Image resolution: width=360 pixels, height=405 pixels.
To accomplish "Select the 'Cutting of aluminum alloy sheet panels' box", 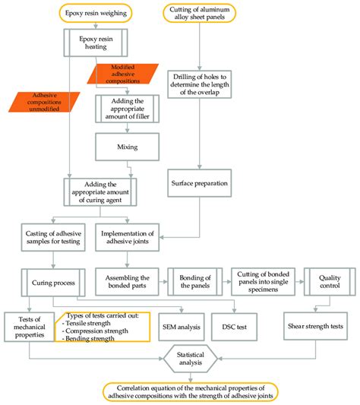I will click(199, 13).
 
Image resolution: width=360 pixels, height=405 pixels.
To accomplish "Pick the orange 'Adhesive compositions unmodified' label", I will click(36, 102).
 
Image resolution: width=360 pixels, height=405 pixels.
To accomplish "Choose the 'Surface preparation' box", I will click(199, 183).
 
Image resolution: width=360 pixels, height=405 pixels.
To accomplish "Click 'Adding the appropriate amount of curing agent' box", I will click(104, 188).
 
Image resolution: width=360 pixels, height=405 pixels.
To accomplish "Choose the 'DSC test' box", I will click(234, 327).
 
